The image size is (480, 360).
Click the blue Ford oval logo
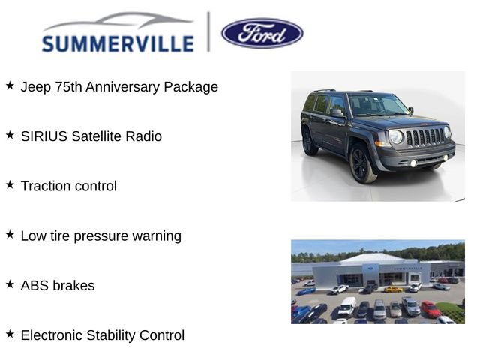click(x=262, y=33)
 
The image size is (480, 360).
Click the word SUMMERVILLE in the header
click(x=118, y=44)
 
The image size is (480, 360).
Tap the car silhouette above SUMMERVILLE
click(x=120, y=21)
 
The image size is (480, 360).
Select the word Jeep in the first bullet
click(x=36, y=87)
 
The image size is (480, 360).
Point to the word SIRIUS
click(x=43, y=136)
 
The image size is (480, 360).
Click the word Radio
click(x=142, y=136)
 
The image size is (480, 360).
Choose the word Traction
click(x=48, y=186)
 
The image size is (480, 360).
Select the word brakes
click(x=74, y=286)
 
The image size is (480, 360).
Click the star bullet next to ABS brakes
click(x=10, y=284)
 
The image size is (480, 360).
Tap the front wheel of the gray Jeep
click(x=363, y=163)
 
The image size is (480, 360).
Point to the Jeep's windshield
click(x=376, y=105)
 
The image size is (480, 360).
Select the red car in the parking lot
click(x=430, y=309)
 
